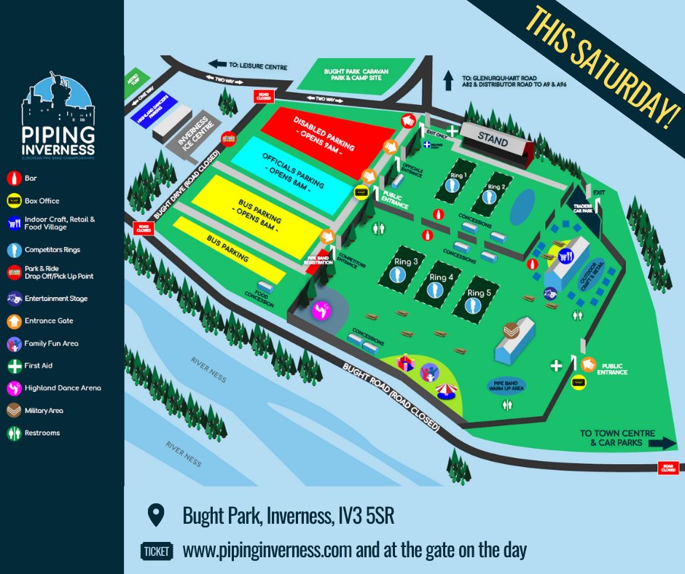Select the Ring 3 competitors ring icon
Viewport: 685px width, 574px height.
tap(397, 274)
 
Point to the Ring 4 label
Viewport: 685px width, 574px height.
tap(442, 277)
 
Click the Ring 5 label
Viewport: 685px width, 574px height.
tap(479, 293)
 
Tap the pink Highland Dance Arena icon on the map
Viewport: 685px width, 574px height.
tap(319, 311)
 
